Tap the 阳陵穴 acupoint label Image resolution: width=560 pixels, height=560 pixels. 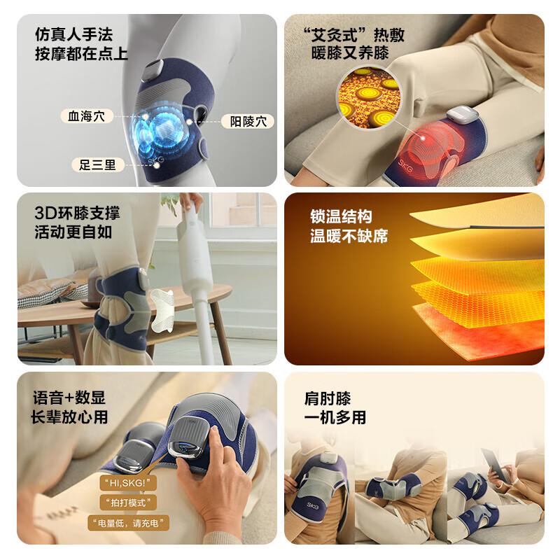[x=247, y=121]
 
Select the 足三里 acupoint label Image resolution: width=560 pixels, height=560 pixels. [x=97, y=165]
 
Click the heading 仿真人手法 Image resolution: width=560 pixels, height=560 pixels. [x=73, y=34]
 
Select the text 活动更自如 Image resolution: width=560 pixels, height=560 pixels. [x=73, y=232]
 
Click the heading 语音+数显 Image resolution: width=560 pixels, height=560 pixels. [x=69, y=398]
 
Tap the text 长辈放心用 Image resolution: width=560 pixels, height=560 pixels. [x=70, y=417]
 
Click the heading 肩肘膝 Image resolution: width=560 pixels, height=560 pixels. [x=327, y=399]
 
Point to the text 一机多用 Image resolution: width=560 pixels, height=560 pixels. [x=335, y=418]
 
